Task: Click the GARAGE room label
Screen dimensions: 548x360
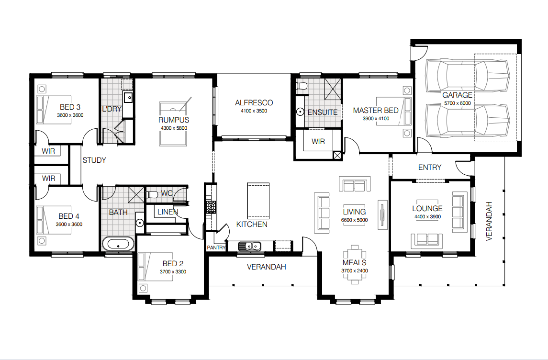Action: tap(457, 95)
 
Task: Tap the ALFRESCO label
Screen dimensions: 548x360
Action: tap(254, 103)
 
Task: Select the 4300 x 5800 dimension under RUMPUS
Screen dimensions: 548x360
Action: tap(174, 128)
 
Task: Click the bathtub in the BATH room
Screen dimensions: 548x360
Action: tap(119, 244)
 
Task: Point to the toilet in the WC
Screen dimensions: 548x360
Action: tap(152, 194)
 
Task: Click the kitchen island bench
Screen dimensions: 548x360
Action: tap(258, 201)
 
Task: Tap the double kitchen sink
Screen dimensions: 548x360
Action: tap(249, 246)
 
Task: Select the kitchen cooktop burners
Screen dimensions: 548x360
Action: tap(211, 207)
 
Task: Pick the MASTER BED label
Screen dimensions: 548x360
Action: tap(376, 111)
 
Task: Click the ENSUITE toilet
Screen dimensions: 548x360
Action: tap(301, 86)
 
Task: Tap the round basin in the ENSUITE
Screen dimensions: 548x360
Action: tap(300, 112)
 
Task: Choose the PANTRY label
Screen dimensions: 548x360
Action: tap(216, 247)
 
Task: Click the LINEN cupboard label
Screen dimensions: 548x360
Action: tap(168, 212)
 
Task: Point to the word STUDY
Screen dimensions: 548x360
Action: tap(94, 160)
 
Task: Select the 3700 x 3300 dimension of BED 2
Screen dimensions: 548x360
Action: tap(173, 271)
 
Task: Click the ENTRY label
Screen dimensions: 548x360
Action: tap(429, 168)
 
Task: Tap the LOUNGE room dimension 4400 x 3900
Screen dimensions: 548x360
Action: tap(427, 217)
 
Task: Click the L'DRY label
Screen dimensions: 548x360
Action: tap(112, 109)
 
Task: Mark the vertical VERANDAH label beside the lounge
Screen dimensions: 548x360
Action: tap(489, 221)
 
